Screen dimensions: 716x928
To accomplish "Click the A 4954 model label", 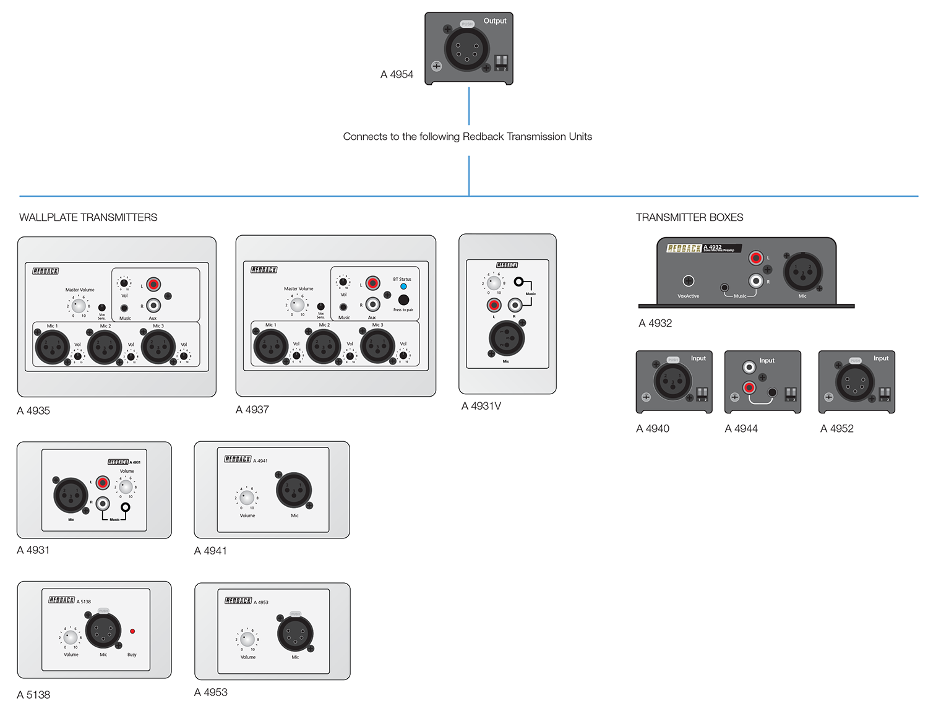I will (x=397, y=74).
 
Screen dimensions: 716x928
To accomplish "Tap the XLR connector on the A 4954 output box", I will (x=466, y=49).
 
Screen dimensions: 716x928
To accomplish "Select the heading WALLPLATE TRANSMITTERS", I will (x=88, y=217).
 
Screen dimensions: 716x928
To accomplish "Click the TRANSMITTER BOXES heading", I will (x=689, y=217).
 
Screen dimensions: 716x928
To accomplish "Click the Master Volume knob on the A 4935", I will (x=79, y=305).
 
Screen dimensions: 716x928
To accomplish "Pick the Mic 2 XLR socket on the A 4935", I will (x=105, y=347).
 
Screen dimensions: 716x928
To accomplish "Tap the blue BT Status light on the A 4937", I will (x=403, y=287).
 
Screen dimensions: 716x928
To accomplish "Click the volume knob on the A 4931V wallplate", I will (x=494, y=283).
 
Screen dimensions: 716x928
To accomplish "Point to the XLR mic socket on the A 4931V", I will (x=507, y=338).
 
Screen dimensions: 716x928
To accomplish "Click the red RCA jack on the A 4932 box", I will (x=755, y=258).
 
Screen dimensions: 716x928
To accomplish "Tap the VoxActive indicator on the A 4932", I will (x=688, y=281).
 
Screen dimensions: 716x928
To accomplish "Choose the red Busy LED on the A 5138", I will (x=132, y=631).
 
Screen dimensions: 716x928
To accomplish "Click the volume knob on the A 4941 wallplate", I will (x=247, y=498).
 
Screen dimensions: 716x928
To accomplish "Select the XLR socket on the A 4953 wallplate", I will (x=296, y=633).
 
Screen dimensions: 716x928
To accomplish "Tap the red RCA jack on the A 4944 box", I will (x=749, y=388).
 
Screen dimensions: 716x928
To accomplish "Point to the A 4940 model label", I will (x=653, y=428).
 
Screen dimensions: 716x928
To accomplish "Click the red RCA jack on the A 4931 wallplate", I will (x=103, y=483).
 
